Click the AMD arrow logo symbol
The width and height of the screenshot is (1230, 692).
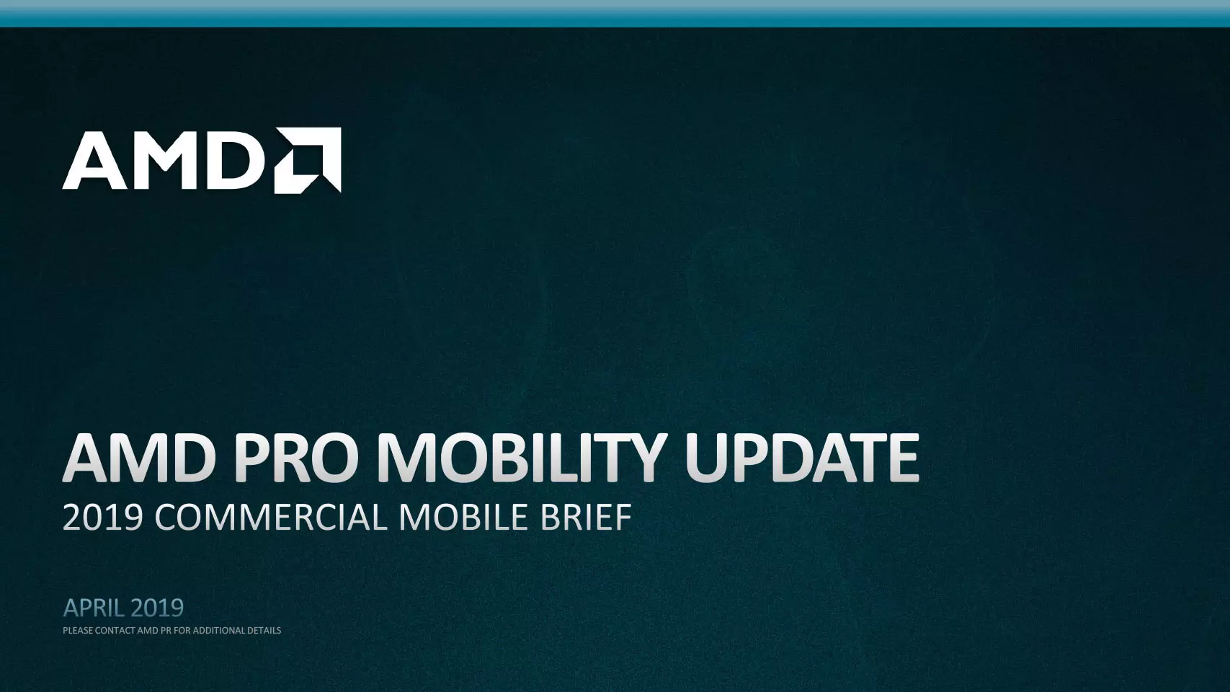click(308, 160)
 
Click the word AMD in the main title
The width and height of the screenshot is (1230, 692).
click(138, 458)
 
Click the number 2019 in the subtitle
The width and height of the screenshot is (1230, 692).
click(103, 518)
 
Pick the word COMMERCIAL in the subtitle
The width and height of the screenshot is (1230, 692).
click(271, 518)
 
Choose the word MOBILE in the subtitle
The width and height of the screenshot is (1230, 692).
click(463, 518)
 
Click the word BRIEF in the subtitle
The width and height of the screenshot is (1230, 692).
click(586, 518)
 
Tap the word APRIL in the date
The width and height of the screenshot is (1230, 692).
click(93, 608)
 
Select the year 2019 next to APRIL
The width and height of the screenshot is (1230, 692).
click(157, 608)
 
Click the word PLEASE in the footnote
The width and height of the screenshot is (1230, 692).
click(78, 631)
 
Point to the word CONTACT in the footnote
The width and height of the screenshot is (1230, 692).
click(115, 631)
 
